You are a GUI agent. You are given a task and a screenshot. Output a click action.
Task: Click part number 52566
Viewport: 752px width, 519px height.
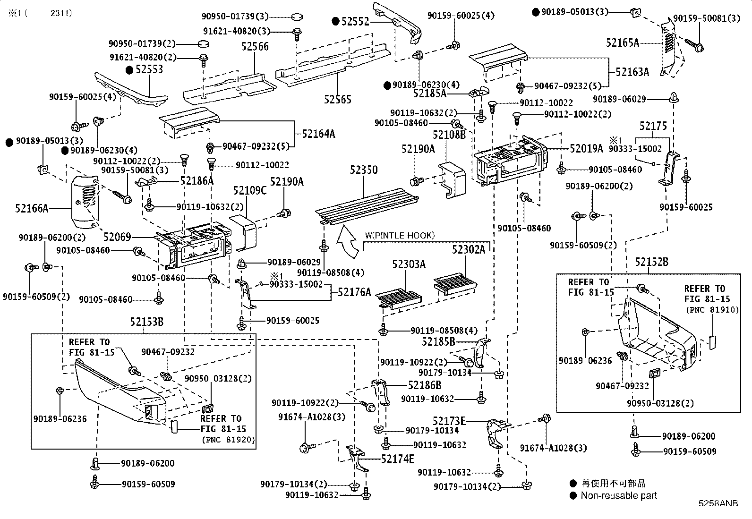click(255, 46)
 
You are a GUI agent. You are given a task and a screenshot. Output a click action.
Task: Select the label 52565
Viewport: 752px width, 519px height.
click(337, 99)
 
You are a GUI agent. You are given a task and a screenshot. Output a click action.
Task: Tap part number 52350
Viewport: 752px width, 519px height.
click(364, 170)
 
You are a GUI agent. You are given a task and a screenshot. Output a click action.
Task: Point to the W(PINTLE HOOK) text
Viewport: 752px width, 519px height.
click(400, 235)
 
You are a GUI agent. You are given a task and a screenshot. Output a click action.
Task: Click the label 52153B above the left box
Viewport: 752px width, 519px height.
click(147, 322)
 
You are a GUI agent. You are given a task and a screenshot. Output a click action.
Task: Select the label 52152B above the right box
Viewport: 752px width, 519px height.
click(651, 262)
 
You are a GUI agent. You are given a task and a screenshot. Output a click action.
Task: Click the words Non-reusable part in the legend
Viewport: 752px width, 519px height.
click(619, 495)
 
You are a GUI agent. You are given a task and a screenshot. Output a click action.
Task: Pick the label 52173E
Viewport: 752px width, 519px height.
click(449, 420)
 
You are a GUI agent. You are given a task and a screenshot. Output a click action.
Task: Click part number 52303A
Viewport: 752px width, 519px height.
click(409, 264)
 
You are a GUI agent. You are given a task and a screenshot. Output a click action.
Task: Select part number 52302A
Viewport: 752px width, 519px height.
click(468, 249)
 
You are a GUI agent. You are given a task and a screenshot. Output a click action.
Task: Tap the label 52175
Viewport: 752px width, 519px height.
click(653, 126)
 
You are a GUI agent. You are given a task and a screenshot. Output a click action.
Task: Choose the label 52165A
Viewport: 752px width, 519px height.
click(622, 43)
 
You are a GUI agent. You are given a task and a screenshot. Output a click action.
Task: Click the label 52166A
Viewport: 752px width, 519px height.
click(32, 208)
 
